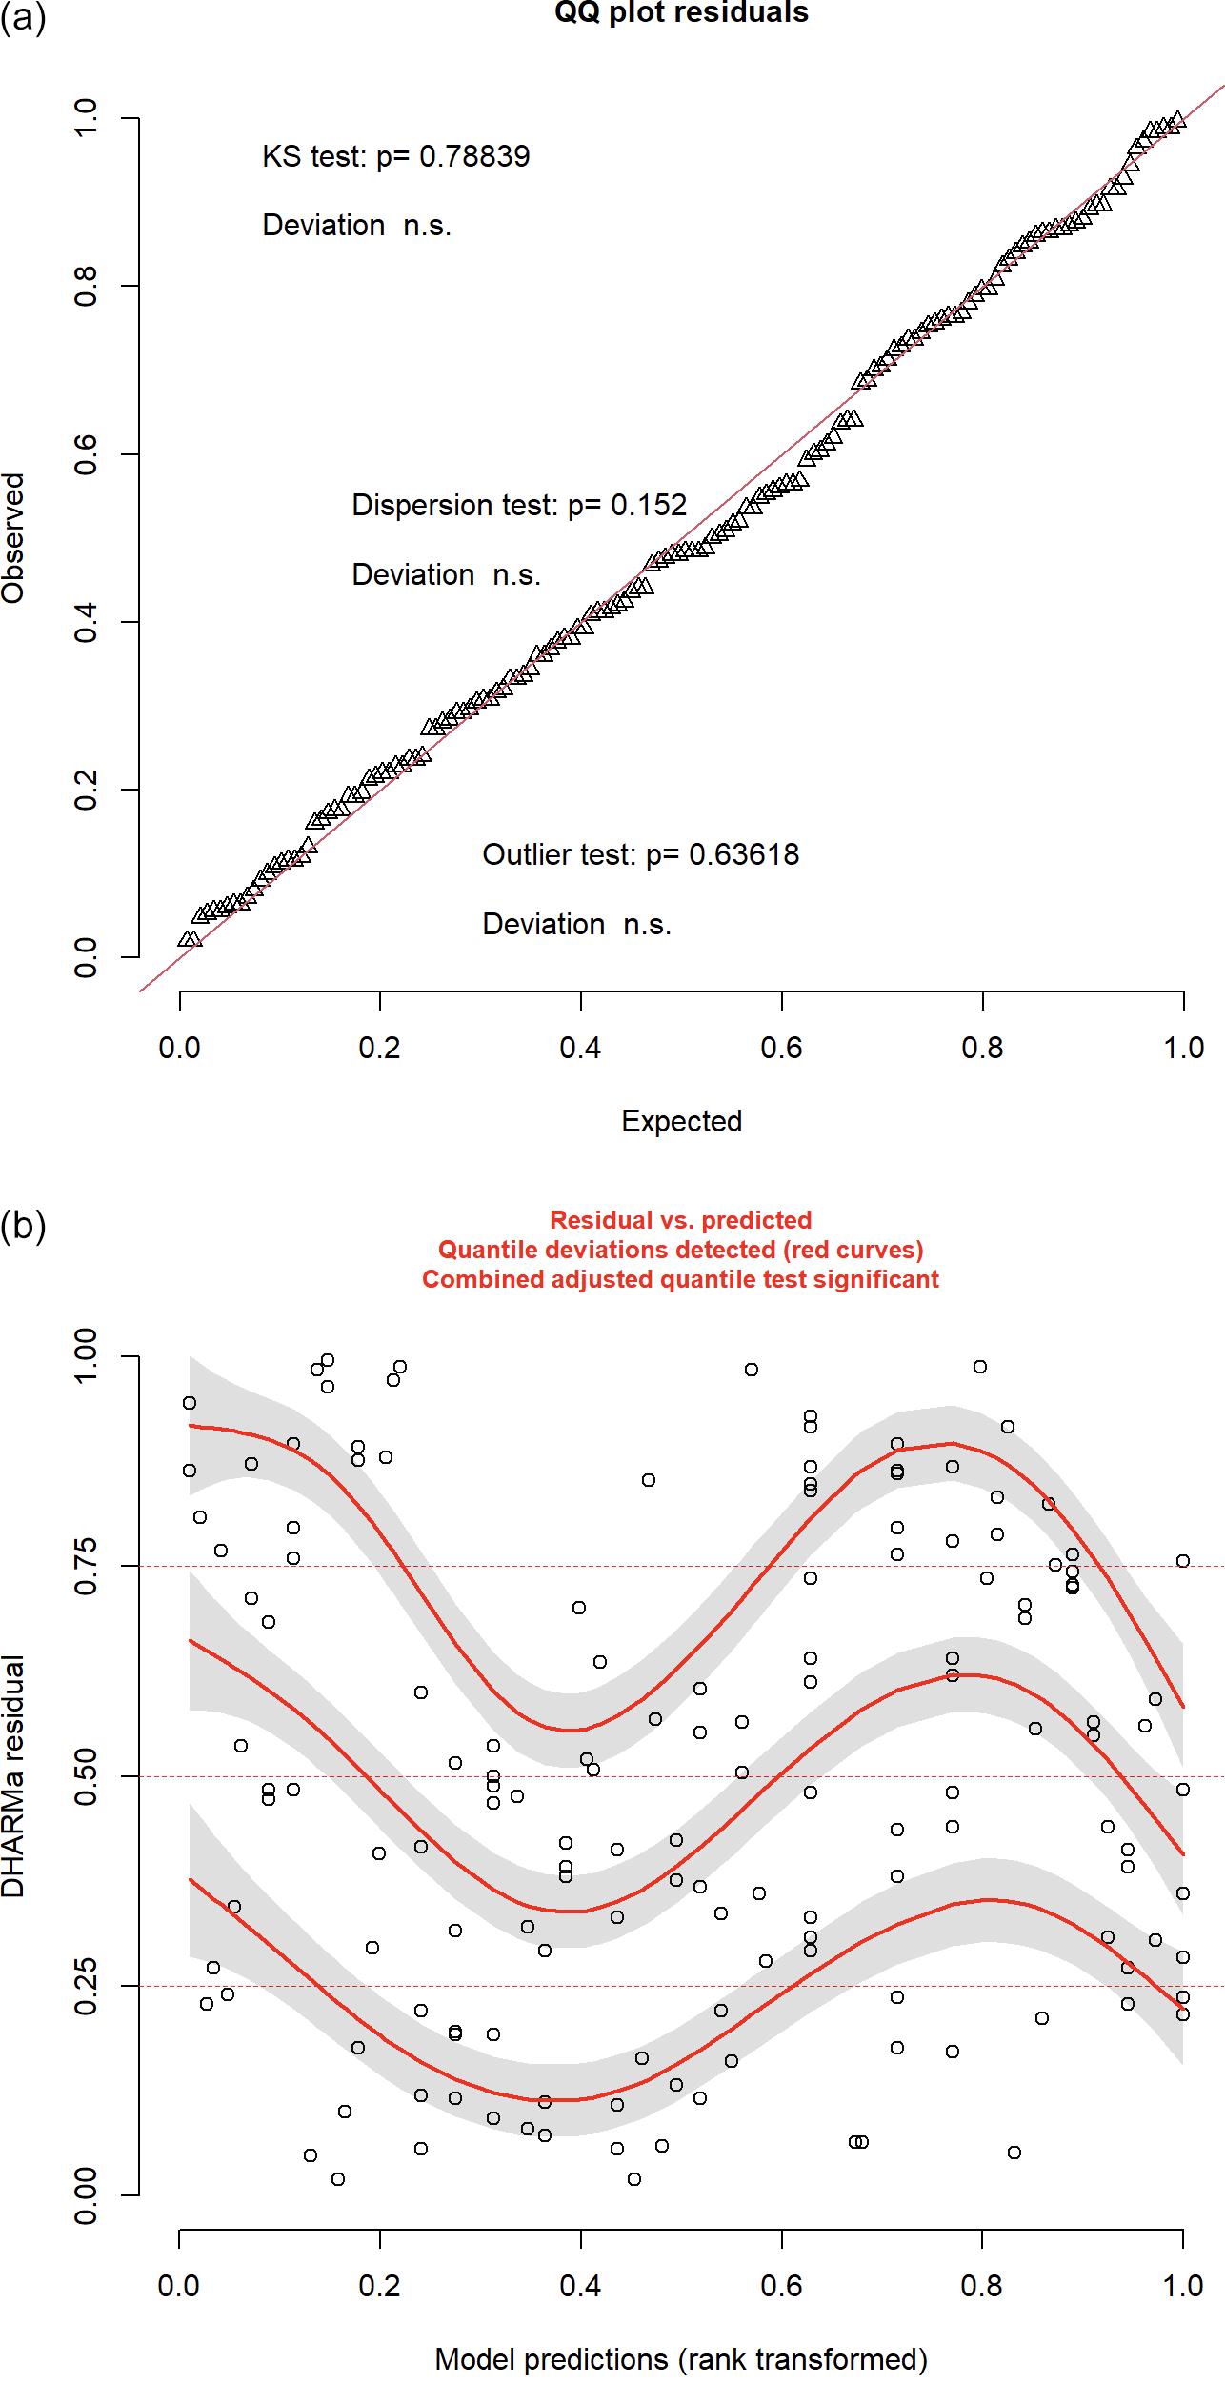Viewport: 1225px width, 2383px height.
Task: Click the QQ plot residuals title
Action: tap(681, 13)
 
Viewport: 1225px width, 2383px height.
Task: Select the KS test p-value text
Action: tap(395, 156)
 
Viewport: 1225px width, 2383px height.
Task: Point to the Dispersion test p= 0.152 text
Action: tap(519, 505)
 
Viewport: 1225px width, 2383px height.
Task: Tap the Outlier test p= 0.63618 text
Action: tap(640, 854)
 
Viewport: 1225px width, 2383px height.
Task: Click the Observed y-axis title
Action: tap(13, 538)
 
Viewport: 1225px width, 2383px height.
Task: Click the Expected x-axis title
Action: tap(681, 1121)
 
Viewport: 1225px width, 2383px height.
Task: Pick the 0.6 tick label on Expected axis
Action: tap(781, 1049)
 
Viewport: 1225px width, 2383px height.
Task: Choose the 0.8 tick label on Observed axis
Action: tap(86, 286)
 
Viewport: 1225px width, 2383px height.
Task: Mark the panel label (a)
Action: tap(23, 17)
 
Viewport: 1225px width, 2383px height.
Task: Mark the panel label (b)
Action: tap(23, 1226)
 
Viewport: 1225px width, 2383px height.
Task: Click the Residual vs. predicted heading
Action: tap(681, 1220)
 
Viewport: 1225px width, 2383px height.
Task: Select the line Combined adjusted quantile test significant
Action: tap(681, 1279)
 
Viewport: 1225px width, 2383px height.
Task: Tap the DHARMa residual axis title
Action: tap(13, 1776)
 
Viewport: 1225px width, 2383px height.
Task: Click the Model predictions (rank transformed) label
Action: tap(681, 2359)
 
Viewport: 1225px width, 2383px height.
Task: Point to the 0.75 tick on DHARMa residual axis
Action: tap(86, 1566)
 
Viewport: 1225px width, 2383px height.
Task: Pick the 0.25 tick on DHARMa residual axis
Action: tap(86, 1986)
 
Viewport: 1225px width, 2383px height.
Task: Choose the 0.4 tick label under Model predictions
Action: tap(580, 2286)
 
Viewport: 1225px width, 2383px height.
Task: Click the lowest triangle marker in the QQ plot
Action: tap(189, 939)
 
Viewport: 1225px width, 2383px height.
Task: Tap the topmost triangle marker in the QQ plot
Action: tap(1177, 120)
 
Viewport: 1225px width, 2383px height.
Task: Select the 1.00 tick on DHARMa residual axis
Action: tap(86, 1355)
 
